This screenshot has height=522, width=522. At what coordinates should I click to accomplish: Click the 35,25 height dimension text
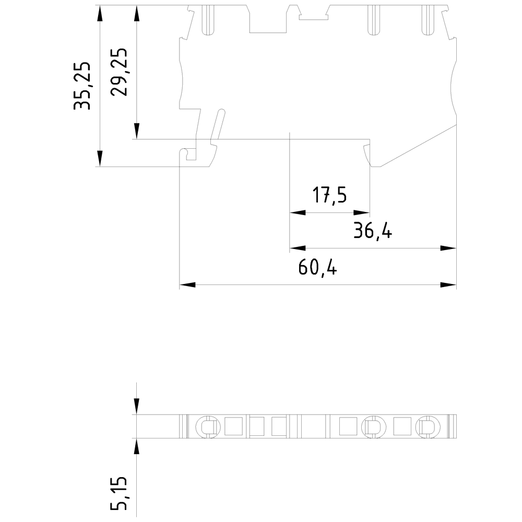click(x=82, y=86)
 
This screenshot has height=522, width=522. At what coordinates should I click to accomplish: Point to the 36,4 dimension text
click(x=372, y=230)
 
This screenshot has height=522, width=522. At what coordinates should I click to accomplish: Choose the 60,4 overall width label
click(x=318, y=267)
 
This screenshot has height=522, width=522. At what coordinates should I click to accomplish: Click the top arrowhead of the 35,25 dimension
click(x=100, y=14)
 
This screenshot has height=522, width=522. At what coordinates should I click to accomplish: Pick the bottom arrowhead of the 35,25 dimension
click(x=100, y=159)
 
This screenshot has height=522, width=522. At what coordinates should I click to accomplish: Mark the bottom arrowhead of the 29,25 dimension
click(x=137, y=131)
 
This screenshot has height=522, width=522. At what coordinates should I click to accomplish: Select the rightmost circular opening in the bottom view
click(x=426, y=426)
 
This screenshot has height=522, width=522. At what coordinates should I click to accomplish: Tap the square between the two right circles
click(x=401, y=426)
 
